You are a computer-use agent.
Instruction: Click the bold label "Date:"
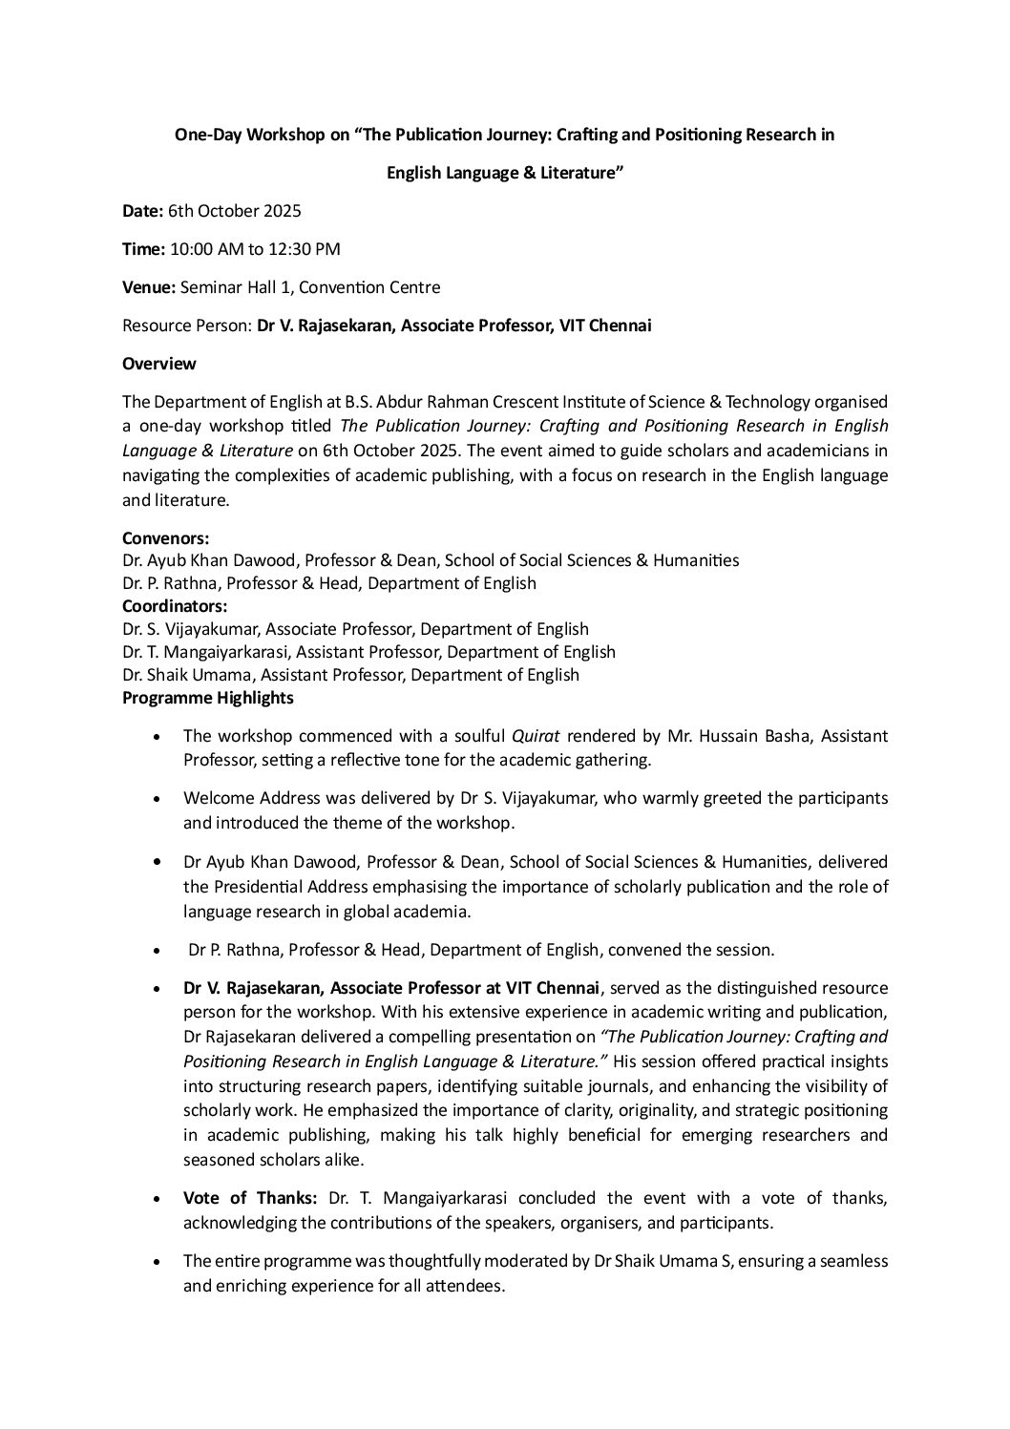(x=143, y=211)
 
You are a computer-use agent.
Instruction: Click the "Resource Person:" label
(x=187, y=326)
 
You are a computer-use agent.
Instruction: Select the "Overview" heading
(x=159, y=364)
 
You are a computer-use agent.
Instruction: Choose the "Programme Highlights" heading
(x=208, y=698)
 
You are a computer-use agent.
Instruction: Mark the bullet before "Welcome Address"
(x=157, y=798)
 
